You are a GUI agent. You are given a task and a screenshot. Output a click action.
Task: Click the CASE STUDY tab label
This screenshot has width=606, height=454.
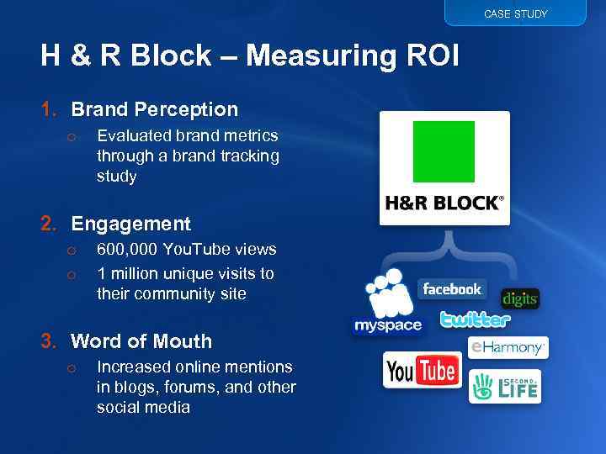(x=515, y=13)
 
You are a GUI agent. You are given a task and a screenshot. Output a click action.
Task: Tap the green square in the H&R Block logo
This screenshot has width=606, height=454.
(x=444, y=152)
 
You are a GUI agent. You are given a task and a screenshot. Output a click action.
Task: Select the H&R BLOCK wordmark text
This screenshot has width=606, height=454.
(x=444, y=203)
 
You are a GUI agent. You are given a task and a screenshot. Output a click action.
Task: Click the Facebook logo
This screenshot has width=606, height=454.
(x=452, y=289)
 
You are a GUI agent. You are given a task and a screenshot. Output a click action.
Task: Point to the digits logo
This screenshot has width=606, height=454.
(x=519, y=299)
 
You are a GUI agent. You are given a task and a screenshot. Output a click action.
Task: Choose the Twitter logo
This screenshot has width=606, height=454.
(x=476, y=319)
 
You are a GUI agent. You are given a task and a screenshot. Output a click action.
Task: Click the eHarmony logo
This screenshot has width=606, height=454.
(x=508, y=346)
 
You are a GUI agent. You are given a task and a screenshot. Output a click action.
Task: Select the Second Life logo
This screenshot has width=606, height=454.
(x=504, y=387)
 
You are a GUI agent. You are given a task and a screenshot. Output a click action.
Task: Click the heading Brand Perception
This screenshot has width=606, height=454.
(x=154, y=109)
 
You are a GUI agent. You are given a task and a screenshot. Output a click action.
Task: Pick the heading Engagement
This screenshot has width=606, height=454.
(x=130, y=224)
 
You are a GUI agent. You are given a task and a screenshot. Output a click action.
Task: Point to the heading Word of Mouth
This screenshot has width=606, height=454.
(x=141, y=341)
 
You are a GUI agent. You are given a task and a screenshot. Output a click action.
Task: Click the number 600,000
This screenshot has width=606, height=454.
(x=127, y=250)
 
